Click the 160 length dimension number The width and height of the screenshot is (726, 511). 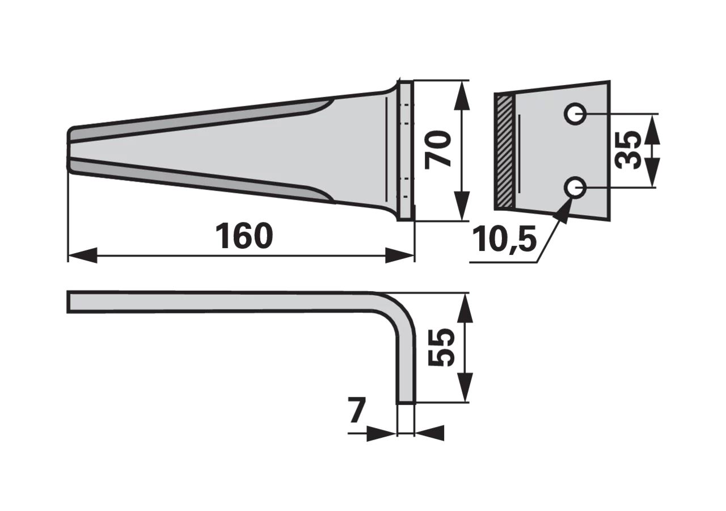click(244, 236)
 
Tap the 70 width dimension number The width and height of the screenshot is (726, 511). click(438, 150)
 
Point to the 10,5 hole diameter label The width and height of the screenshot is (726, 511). click(504, 240)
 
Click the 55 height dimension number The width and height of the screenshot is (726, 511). click(441, 347)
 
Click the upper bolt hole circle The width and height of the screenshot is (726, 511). click(575, 114)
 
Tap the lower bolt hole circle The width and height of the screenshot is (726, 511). click(575, 187)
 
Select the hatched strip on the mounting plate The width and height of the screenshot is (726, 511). click(504, 151)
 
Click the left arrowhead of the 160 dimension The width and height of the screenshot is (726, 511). click(83, 256)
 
